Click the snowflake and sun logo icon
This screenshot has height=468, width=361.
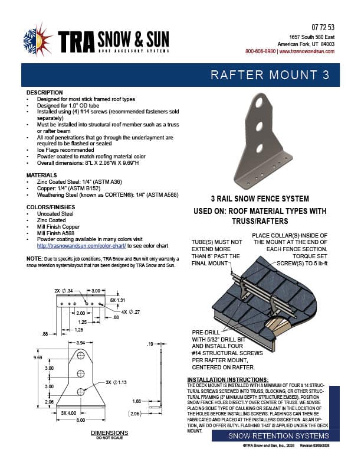37,40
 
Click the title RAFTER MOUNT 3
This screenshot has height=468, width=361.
274,75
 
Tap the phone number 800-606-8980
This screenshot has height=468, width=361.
260,51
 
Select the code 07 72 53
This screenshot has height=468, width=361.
323,28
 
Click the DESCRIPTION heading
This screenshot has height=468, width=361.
45,93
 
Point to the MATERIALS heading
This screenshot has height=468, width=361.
42,175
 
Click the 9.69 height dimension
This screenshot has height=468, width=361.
38,357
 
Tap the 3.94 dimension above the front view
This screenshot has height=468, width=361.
80,343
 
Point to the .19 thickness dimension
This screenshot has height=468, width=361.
150,343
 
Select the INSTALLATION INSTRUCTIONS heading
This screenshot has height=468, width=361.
228,379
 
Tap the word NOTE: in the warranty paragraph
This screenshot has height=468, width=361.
34,259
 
